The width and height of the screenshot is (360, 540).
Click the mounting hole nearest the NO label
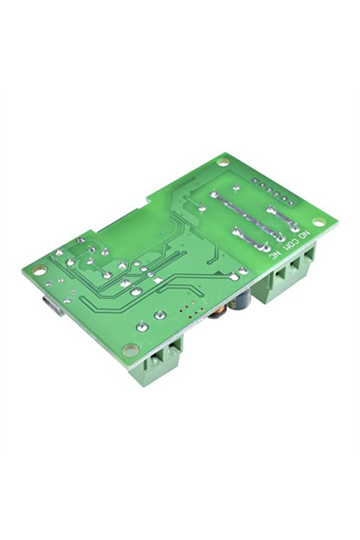(x=318, y=222)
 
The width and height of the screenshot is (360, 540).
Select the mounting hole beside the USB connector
(x=39, y=269)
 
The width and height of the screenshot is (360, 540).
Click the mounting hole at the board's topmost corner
(x=223, y=162)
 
